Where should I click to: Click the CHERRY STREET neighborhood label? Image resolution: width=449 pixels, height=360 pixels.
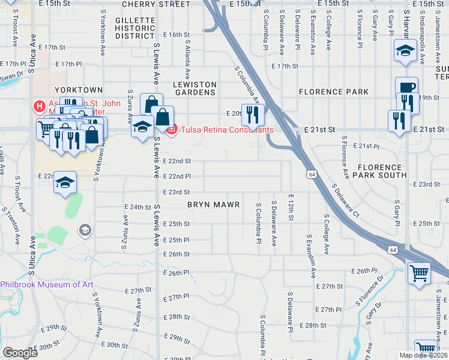(x=156, y=4)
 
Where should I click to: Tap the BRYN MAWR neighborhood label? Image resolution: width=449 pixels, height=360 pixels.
(x=214, y=205)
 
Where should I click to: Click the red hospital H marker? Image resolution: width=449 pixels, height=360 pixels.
(x=39, y=107)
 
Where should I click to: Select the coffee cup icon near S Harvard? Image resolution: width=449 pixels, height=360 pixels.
(x=406, y=88)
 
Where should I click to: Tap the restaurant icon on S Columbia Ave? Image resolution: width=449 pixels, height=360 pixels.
(x=252, y=113)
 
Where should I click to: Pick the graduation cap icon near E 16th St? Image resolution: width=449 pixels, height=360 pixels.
(x=405, y=50)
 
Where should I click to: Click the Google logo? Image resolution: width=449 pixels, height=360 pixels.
(x=20, y=353)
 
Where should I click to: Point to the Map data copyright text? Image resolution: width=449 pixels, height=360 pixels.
(x=423, y=355)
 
